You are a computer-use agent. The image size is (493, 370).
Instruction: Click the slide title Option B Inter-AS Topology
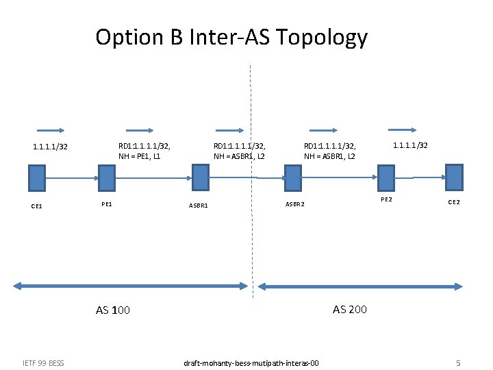point(231,37)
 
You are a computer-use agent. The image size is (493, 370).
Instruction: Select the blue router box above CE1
point(37,177)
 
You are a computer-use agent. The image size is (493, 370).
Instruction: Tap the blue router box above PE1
point(106,177)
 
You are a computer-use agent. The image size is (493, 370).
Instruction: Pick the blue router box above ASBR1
point(200,177)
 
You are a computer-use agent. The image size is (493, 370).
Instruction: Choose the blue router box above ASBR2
point(292,177)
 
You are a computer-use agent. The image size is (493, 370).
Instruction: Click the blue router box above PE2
point(387,177)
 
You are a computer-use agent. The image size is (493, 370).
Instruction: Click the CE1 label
point(36,206)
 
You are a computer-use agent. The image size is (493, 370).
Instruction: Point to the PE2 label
point(387,199)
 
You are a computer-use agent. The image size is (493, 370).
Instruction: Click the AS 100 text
point(113,310)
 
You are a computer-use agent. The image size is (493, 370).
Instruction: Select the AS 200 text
point(350,309)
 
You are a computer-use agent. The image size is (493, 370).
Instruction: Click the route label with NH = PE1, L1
point(144,151)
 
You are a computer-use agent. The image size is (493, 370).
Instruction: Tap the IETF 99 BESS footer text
point(43,362)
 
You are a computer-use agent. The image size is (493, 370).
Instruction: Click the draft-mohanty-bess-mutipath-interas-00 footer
point(252,362)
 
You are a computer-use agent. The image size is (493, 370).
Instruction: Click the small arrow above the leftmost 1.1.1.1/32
point(51,129)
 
